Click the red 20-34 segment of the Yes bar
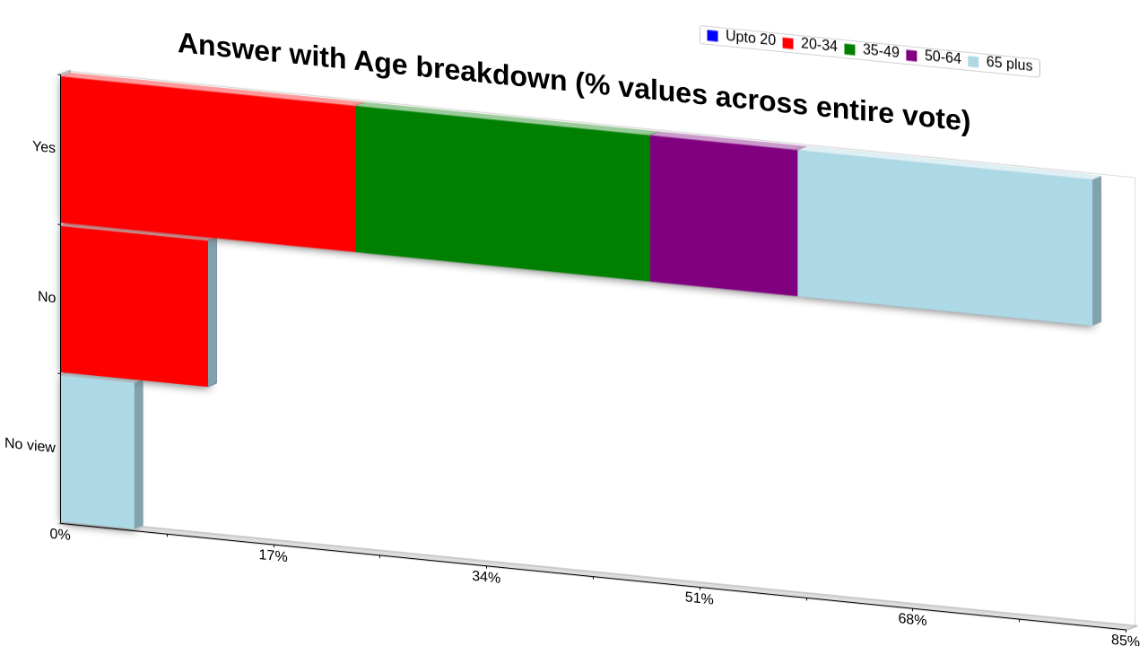tap(207, 164)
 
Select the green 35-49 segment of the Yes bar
tap(502, 193)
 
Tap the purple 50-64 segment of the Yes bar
tap(724, 215)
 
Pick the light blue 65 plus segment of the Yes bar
tap(945, 238)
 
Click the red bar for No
tap(135, 306)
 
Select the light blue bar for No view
tap(98, 452)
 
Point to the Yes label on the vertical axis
tap(44, 147)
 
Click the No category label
tap(47, 297)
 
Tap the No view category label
tap(30, 444)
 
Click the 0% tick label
tap(60, 534)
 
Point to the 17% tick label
tap(274, 555)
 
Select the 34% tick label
tap(486, 577)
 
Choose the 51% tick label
tap(700, 598)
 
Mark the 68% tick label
tap(913, 619)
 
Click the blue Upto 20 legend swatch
tap(712, 36)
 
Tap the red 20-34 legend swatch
tap(788, 44)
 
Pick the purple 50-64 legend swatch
tap(912, 56)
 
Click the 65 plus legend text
tap(1009, 64)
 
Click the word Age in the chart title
tap(380, 64)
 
